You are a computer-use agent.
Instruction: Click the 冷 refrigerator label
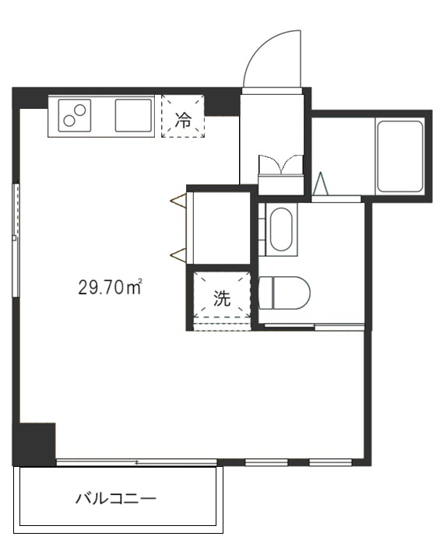183,120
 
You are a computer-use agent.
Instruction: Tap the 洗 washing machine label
222,298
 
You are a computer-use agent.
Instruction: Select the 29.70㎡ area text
110,287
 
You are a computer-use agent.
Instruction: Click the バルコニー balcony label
115,499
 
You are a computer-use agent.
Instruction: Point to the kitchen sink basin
134,115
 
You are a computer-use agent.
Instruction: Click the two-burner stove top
75,115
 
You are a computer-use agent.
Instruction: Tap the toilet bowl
284,293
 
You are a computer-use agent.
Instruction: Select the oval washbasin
281,230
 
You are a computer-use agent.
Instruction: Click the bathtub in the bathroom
399,156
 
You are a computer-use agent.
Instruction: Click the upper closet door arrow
178,201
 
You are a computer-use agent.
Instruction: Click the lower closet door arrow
178,254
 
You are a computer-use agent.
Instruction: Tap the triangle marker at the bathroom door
321,183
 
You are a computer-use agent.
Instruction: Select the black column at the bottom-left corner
33,444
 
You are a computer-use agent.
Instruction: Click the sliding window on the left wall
16,240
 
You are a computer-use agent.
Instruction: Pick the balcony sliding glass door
136,462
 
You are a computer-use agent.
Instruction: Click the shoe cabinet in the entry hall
280,174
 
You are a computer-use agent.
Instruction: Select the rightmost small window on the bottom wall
330,463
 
